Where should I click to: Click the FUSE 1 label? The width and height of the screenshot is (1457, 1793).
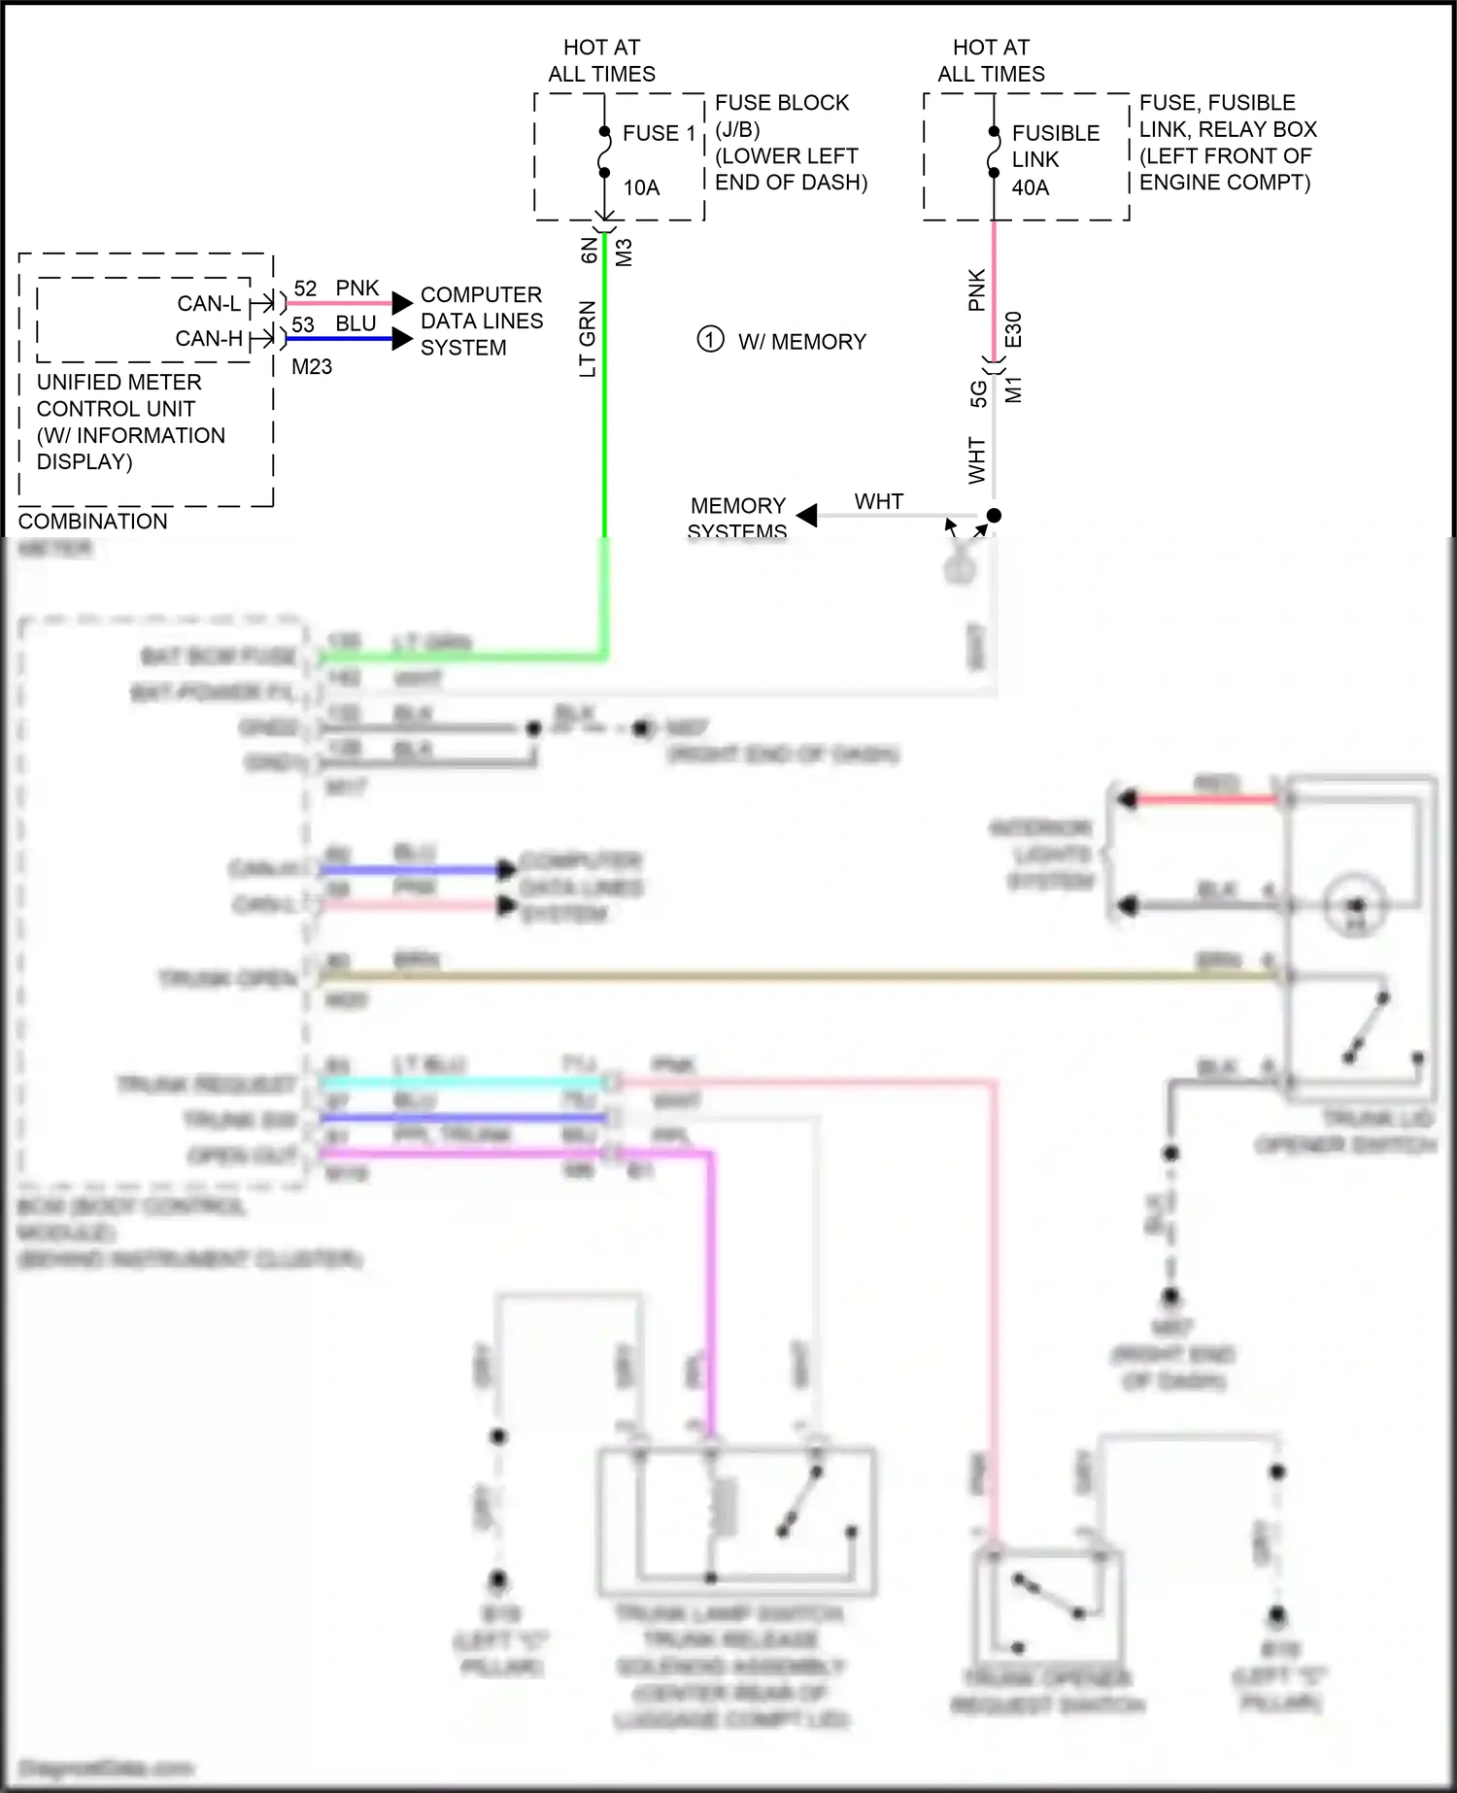pos(659,133)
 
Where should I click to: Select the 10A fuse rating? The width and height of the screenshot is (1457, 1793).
pos(641,187)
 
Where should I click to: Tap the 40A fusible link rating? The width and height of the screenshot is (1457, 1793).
pos(1030,187)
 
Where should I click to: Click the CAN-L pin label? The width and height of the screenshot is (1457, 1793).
pos(208,304)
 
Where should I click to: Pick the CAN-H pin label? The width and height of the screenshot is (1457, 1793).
pos(208,339)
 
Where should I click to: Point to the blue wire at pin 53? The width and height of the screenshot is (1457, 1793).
pos(340,339)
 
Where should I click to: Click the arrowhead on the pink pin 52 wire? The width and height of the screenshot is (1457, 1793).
pos(402,303)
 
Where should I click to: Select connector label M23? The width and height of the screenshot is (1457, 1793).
pos(312,367)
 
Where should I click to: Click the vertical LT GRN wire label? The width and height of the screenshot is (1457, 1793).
pos(588,339)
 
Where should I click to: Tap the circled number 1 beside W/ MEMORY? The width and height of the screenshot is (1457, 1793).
pos(710,340)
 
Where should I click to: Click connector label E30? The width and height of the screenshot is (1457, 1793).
pos(1013,329)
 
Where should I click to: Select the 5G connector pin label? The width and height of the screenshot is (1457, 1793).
pos(978,393)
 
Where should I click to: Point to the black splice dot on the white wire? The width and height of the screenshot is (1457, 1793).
pos(994,516)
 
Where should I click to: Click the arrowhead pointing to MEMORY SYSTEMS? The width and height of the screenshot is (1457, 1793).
pos(807,516)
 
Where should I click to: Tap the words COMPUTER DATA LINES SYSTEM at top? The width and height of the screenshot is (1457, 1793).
pos(481,321)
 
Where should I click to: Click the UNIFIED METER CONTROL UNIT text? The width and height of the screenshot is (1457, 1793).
pos(119,395)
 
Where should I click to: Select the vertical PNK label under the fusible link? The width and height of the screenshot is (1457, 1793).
pos(976,289)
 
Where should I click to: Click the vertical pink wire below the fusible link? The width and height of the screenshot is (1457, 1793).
pos(994,291)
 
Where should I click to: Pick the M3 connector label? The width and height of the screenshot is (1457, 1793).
pos(625,253)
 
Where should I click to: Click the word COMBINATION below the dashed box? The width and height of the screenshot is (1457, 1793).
pos(93,522)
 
